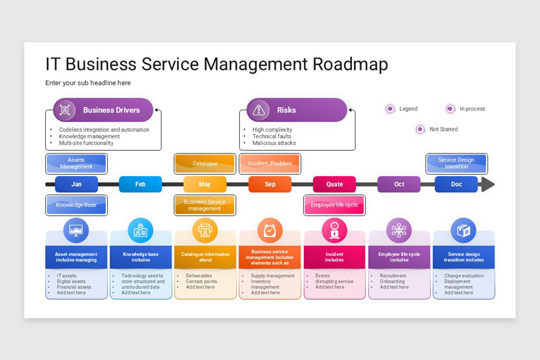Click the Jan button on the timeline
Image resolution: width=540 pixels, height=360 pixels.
(x=76, y=184)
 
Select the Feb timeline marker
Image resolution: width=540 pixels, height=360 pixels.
(x=140, y=184)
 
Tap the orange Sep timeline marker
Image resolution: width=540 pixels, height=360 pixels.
(x=270, y=184)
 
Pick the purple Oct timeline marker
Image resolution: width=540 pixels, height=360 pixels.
(x=399, y=184)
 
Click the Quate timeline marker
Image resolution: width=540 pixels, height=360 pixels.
(x=334, y=184)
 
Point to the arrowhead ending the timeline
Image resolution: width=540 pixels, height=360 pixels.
(x=488, y=184)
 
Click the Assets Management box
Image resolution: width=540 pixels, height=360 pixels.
(x=76, y=163)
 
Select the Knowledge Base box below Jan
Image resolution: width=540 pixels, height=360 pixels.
(x=76, y=205)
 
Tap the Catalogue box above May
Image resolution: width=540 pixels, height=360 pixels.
(x=205, y=163)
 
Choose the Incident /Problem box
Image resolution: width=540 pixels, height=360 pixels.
(x=270, y=163)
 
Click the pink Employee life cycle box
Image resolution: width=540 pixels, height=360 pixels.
(x=334, y=205)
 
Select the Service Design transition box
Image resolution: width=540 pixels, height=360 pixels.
(x=456, y=163)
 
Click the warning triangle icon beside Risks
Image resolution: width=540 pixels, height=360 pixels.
(x=258, y=110)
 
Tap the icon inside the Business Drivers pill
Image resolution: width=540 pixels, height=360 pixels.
(x=65, y=110)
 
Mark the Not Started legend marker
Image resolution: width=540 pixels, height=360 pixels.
(x=420, y=129)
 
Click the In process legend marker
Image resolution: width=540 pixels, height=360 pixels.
(x=450, y=109)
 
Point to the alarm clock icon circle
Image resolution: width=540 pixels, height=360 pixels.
(x=270, y=230)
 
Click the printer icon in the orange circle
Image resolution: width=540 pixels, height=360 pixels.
(x=205, y=230)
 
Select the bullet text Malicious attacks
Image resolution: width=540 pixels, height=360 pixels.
(x=274, y=143)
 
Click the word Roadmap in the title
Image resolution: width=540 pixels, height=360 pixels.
(x=350, y=64)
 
